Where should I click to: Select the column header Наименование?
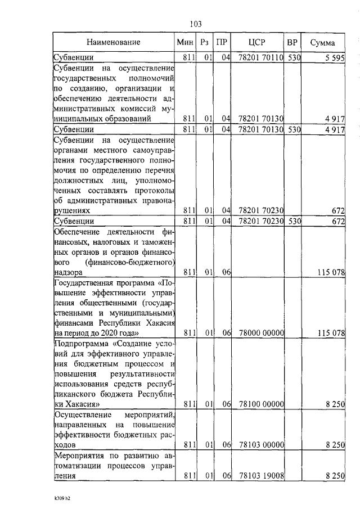[113, 42]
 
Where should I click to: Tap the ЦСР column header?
[256, 42]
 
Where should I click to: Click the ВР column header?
[292, 42]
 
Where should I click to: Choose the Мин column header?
[185, 42]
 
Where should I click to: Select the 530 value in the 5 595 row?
[293, 57]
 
